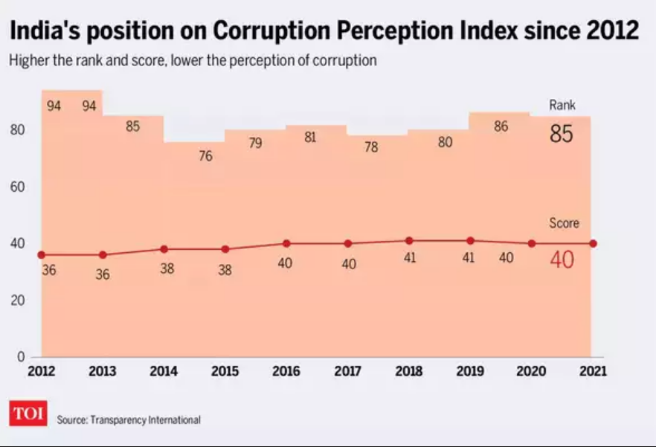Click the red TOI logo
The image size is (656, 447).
pos(28,414)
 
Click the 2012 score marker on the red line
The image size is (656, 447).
pos(42,255)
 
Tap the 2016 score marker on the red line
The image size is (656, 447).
pos(286,243)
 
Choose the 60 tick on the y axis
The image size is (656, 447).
pos(17,187)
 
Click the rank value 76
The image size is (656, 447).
pos(205,156)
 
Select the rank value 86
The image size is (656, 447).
pos(501,127)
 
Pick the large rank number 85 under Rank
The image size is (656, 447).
pos(562,134)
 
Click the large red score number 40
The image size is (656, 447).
pos(562,260)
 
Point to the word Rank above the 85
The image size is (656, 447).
pos(562,106)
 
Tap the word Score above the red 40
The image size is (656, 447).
pos(564,223)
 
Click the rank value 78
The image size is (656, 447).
pos(371,147)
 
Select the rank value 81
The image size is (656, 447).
pos(311,137)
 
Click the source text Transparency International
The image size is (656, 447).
pos(145,420)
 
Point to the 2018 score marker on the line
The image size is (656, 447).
pos(409,240)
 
